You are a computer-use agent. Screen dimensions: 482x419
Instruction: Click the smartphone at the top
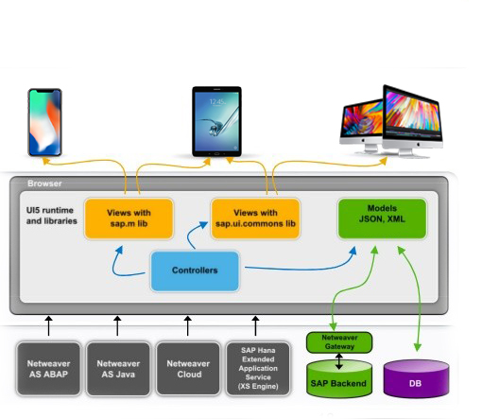point(45,122)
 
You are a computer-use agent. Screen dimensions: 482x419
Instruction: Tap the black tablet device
point(216,121)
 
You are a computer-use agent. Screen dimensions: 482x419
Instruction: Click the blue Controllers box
point(195,271)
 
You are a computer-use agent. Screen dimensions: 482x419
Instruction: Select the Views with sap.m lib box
point(129,218)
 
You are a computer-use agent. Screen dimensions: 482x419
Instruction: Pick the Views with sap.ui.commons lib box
point(255,218)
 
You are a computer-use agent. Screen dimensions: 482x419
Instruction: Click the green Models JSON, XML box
point(382,218)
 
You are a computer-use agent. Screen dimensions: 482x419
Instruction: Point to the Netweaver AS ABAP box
point(48,369)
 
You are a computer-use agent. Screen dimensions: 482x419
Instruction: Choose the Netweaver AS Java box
point(118,369)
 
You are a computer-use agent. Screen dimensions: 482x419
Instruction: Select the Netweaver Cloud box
point(188,369)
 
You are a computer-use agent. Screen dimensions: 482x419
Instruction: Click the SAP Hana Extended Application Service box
point(258,369)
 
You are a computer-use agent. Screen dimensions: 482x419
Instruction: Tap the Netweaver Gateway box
point(339,342)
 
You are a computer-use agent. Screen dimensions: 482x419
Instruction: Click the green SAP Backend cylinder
point(339,378)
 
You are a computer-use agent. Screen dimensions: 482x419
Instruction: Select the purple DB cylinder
point(416,378)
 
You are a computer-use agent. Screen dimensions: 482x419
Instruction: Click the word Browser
point(44,183)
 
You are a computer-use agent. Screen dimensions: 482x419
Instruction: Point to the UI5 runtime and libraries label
point(51,216)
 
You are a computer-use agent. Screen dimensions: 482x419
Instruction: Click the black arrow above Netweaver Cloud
point(188,326)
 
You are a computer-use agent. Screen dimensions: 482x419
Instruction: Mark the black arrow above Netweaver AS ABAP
point(48,326)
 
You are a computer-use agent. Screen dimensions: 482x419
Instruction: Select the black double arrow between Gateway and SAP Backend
point(339,361)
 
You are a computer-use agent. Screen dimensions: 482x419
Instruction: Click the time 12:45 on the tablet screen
point(217,101)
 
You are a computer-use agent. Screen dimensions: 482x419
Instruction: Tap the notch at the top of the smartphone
point(44,91)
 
